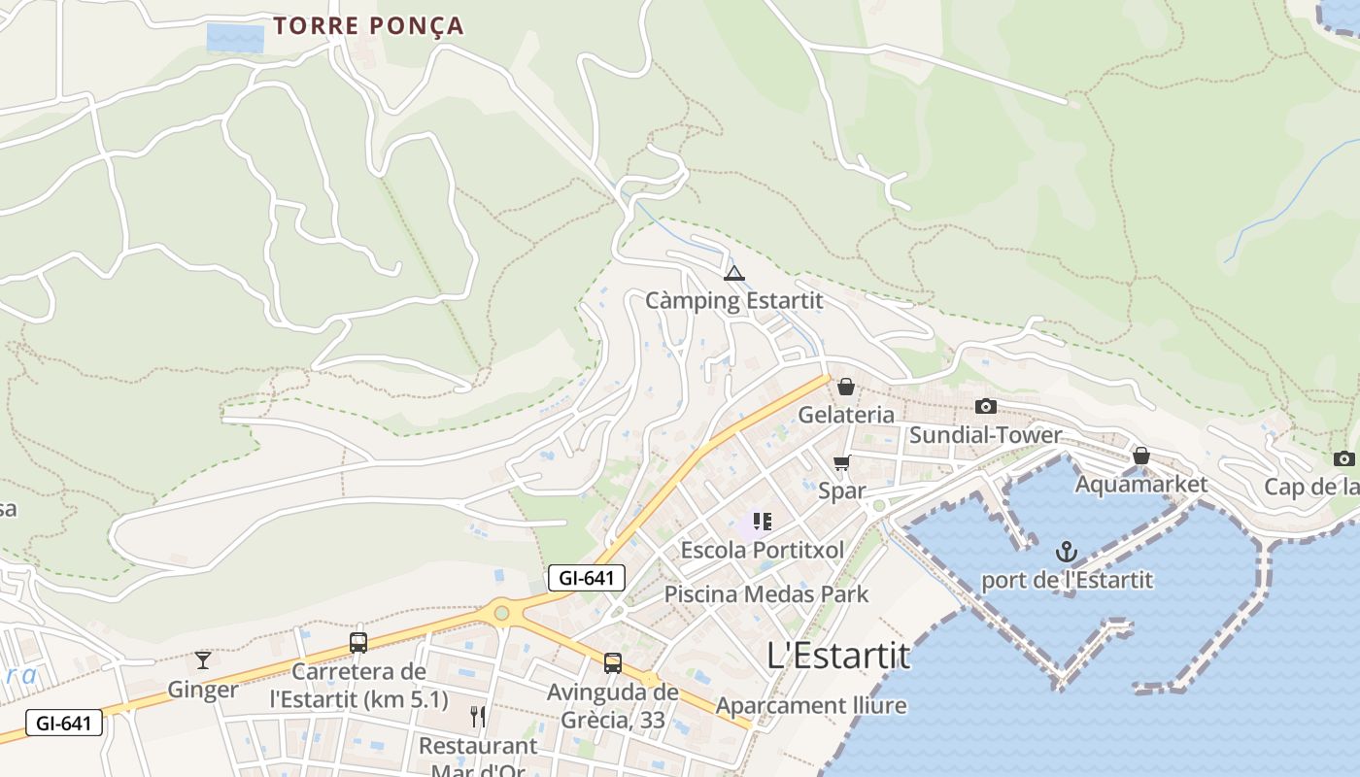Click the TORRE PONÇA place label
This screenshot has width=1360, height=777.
(x=368, y=26)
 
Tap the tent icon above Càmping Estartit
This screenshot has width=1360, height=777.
(x=733, y=273)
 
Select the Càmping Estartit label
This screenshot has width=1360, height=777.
(x=733, y=300)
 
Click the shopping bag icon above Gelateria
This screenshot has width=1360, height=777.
(x=845, y=387)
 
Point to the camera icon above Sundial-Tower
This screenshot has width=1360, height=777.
(x=985, y=406)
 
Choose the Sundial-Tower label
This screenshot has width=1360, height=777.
(x=985, y=434)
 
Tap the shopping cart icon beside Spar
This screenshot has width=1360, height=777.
(x=841, y=462)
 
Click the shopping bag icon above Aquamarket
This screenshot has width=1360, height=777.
(x=1141, y=455)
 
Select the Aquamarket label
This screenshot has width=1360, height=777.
(x=1141, y=484)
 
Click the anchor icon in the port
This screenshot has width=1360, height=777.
(x=1067, y=553)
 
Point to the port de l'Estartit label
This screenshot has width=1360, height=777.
(x=1067, y=581)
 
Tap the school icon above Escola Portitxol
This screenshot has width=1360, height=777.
(x=763, y=522)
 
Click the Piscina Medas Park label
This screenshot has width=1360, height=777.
(x=765, y=593)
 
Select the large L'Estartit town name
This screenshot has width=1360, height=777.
(x=838, y=656)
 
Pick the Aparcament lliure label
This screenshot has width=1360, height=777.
(x=811, y=705)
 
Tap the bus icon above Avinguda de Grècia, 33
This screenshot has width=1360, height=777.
(x=612, y=663)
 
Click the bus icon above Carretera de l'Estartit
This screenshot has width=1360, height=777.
(x=358, y=642)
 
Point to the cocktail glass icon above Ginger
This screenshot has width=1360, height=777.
(x=202, y=660)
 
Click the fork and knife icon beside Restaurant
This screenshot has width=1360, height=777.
(x=477, y=717)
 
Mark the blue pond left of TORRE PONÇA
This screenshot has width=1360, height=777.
(x=235, y=39)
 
